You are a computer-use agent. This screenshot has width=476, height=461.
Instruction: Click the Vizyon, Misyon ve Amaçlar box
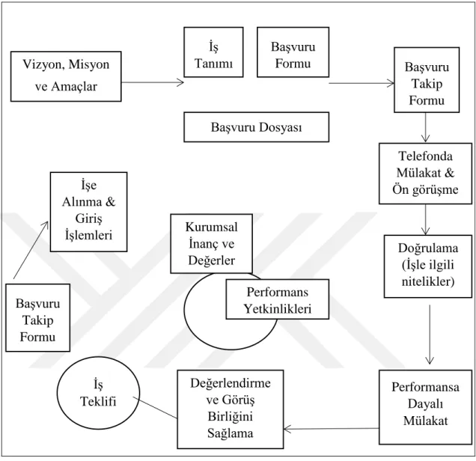[66, 76]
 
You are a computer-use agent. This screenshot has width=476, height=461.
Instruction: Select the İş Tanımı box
[213, 52]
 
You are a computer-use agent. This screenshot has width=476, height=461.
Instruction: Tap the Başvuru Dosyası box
[256, 127]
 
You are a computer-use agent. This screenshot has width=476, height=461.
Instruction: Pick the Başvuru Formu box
[293, 52]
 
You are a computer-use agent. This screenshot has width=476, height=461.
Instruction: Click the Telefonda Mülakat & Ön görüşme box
[425, 174]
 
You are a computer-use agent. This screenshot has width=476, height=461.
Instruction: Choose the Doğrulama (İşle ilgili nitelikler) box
[428, 266]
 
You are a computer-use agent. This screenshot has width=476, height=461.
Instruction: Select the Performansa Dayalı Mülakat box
[425, 407]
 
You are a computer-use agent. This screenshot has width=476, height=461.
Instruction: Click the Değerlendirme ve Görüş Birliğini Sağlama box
[231, 409]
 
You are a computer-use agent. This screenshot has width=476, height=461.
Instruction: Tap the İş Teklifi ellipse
[98, 393]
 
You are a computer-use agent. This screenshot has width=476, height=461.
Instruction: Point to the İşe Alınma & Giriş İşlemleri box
[88, 212]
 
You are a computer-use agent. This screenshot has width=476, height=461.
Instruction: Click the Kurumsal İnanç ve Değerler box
[211, 243]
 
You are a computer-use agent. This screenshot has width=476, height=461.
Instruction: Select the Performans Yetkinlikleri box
[278, 299]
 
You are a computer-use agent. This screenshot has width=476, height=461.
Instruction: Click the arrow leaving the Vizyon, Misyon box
[153, 82]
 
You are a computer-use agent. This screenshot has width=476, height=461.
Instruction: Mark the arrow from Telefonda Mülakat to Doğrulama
[425, 219]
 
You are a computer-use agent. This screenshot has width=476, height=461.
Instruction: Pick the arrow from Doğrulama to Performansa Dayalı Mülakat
[430, 334]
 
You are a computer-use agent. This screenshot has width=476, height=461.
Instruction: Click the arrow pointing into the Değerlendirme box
[332, 429]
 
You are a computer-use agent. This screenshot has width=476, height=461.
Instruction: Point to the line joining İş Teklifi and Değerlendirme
[155, 408]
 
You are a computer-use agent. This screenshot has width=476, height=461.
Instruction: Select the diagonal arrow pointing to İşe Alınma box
[31, 250]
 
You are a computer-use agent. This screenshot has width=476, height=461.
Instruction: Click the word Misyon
[89, 64]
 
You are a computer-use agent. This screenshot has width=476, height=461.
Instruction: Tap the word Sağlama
[230, 433]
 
